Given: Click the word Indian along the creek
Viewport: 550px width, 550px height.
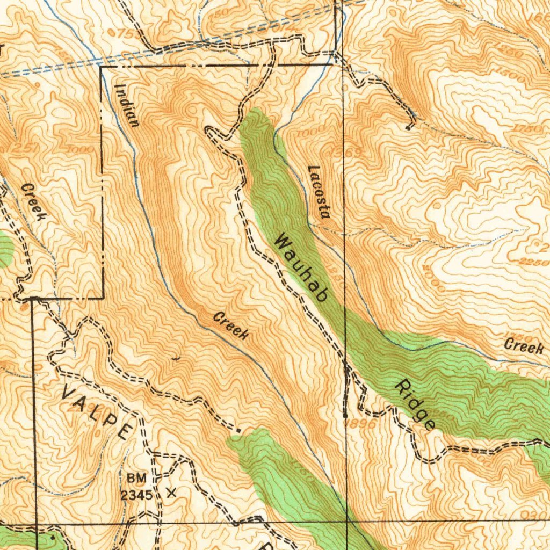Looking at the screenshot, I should (x=128, y=106).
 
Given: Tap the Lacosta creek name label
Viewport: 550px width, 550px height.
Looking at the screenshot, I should (x=318, y=192).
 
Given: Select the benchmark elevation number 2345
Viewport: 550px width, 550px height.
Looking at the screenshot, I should (x=136, y=495).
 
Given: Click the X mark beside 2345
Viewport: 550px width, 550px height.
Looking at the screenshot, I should (x=172, y=492).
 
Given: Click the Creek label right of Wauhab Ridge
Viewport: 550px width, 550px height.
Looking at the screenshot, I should (x=524, y=345).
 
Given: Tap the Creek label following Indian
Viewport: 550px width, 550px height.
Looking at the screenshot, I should (x=231, y=325).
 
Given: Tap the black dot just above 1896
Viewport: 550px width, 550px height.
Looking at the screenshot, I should (x=344, y=415).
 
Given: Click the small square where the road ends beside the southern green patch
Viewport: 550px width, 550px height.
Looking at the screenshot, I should (x=238, y=430).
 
